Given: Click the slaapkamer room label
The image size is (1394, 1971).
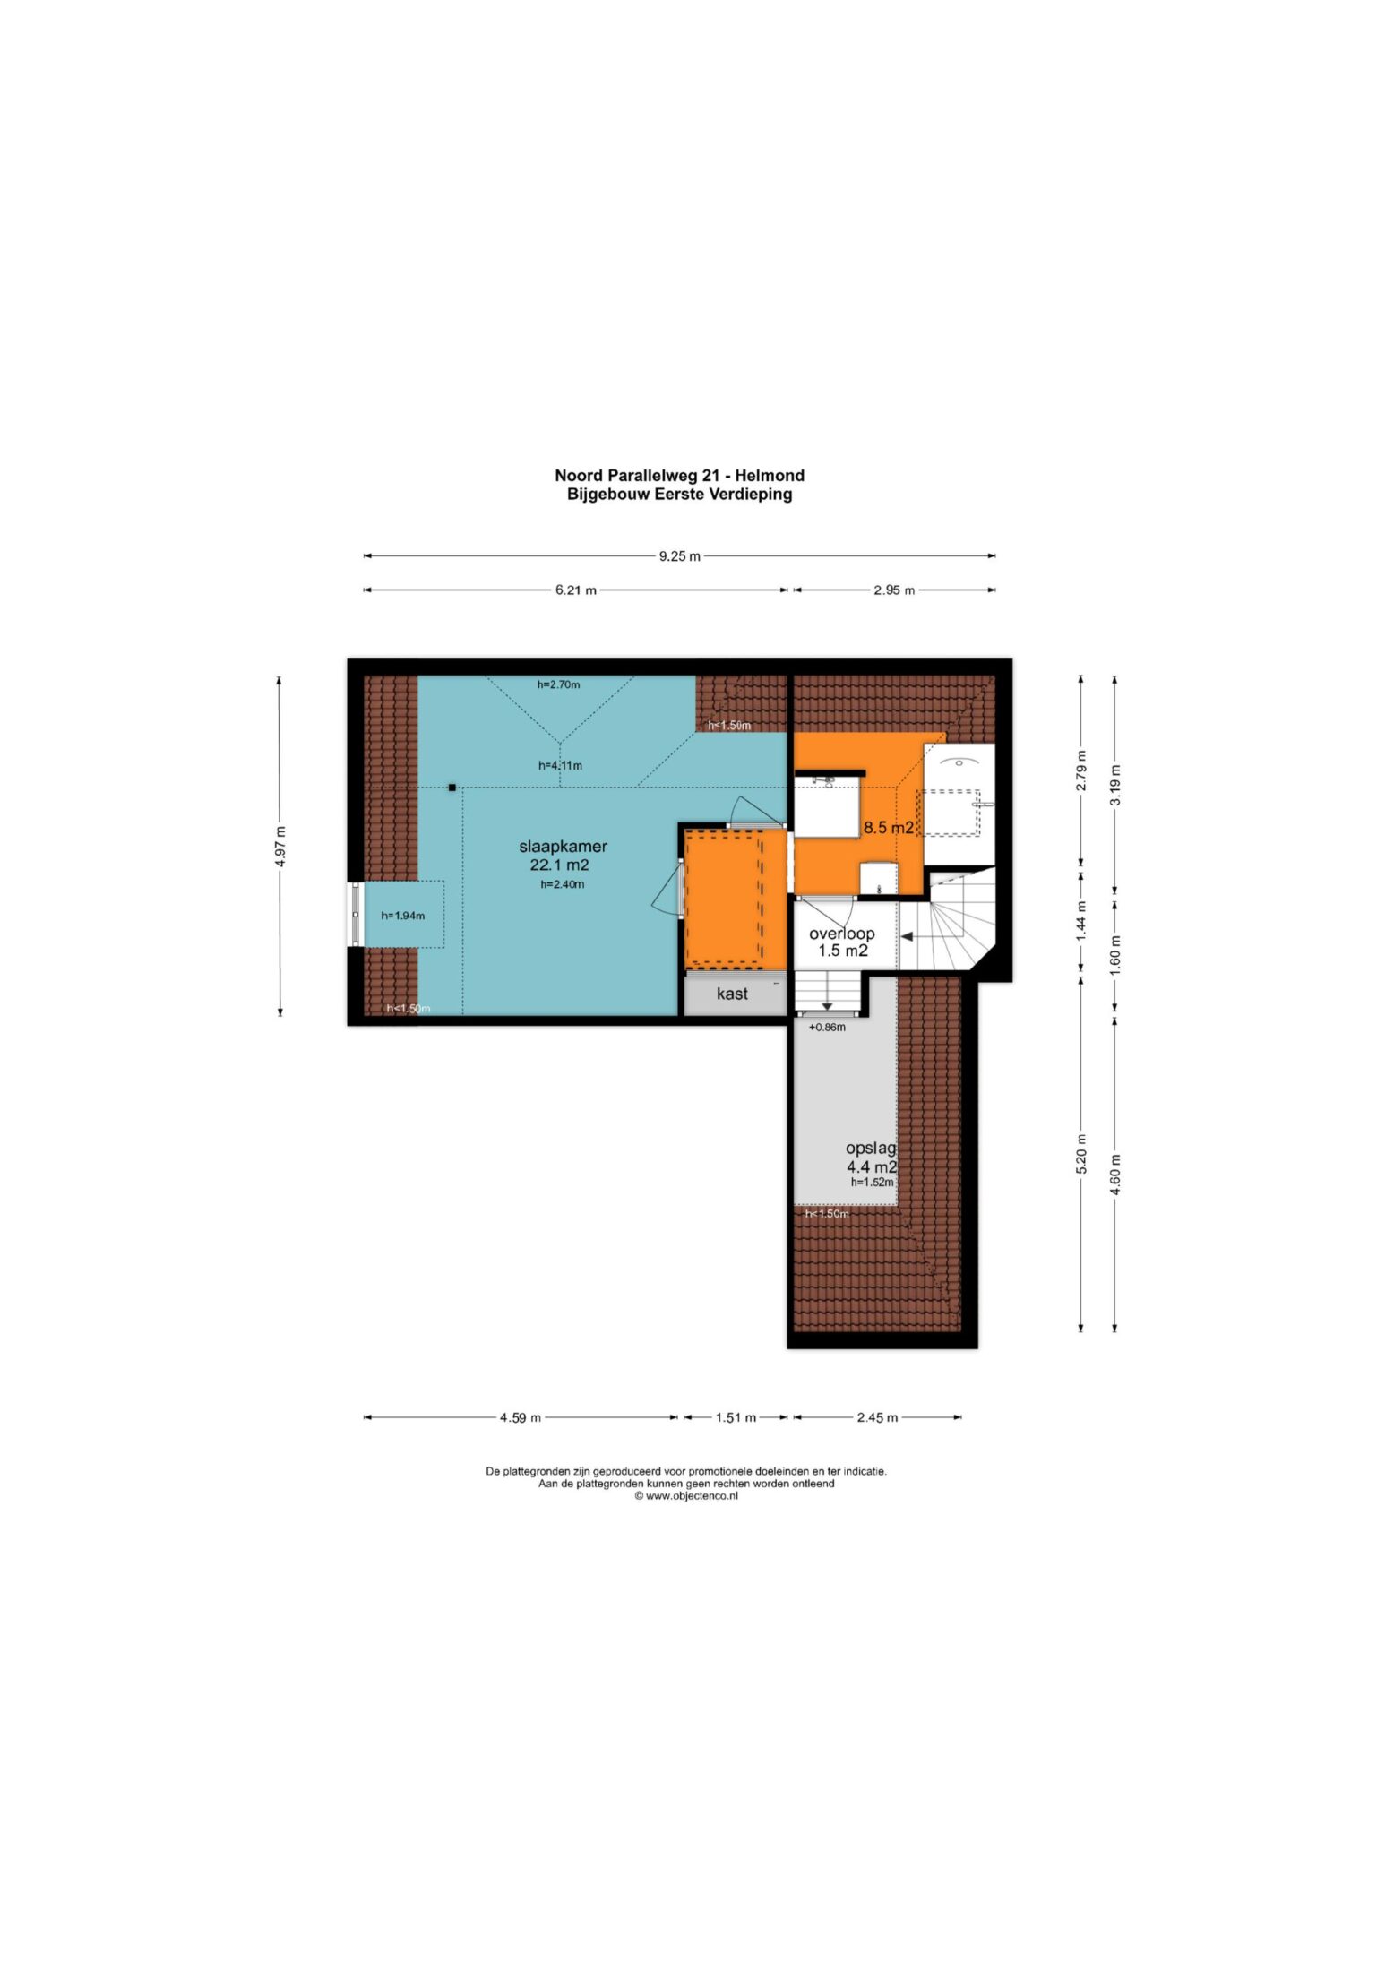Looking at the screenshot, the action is [x=563, y=846].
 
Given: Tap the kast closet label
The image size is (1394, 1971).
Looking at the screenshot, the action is [x=732, y=993].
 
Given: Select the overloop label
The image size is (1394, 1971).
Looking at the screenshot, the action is [x=841, y=934].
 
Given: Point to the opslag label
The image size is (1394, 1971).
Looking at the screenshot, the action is [x=871, y=1148].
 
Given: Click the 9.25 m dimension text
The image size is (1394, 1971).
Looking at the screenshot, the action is [x=679, y=556].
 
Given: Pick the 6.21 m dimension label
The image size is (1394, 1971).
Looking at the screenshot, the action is [x=575, y=590].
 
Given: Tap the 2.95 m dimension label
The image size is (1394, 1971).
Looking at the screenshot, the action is [x=894, y=590].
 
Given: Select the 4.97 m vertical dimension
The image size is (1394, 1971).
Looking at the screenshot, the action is [x=280, y=846].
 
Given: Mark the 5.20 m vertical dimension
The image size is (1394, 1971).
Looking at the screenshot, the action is [x=1080, y=1154].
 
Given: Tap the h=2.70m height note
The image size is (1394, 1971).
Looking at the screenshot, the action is [x=558, y=684].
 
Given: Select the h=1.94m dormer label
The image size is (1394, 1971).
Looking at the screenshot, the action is [x=402, y=916].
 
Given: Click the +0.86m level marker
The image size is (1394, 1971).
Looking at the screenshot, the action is [x=827, y=1028].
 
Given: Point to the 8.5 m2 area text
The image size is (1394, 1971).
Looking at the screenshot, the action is [x=888, y=828].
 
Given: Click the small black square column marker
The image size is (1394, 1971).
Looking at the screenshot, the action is [x=452, y=788].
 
